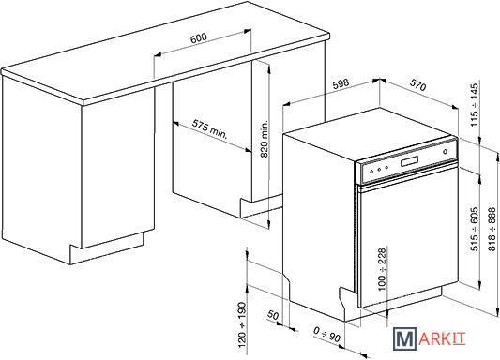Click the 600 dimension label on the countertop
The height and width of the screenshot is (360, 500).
tap(199, 37)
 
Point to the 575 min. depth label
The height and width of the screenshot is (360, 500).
tap(210, 129)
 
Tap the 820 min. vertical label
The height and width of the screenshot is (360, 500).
tap(265, 139)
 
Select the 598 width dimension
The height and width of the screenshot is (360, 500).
tap(341, 84)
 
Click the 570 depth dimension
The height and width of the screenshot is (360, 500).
tap(417, 85)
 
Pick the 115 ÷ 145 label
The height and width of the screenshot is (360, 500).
tap(475, 104)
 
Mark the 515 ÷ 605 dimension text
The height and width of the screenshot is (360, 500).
tap(475, 229)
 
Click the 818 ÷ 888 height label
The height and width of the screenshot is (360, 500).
tap(492, 229)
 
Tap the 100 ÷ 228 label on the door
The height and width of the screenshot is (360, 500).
tap(382, 269)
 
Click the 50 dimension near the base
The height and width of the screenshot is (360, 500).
tap(273, 315)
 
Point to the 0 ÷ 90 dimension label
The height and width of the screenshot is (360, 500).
tap(327, 335)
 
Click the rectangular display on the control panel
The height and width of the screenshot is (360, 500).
tap(410, 161)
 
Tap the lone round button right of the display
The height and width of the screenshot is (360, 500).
tap(446, 152)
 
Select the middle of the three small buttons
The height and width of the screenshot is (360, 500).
tap(379, 169)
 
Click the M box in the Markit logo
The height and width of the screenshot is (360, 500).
tap(404, 339)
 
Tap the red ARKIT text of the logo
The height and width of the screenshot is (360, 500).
tap(442, 339)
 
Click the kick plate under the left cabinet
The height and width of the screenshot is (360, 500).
tap(107, 248)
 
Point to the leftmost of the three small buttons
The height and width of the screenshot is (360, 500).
tap(371, 171)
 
